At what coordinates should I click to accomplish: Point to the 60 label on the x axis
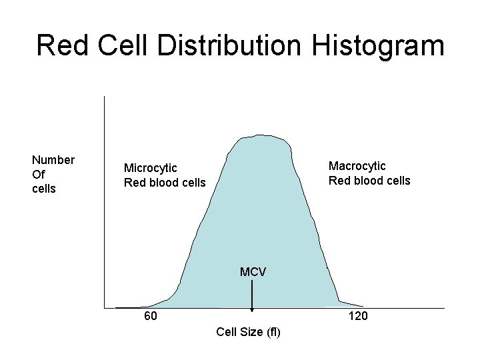[x=151, y=316]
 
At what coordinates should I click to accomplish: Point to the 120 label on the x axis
[x=358, y=316]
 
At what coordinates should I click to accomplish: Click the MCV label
[x=253, y=272]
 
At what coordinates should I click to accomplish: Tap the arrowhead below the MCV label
[x=252, y=309]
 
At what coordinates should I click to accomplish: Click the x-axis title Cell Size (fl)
[x=249, y=332]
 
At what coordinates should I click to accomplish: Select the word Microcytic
[x=151, y=168]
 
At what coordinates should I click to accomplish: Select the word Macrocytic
[x=357, y=166]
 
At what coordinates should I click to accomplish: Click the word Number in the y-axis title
[x=53, y=160]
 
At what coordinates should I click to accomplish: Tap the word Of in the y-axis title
[x=39, y=174]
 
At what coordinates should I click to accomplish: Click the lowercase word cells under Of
[x=44, y=189]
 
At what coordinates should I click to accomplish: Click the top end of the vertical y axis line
[x=105, y=97]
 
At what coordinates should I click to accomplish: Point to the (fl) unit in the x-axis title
[x=273, y=332]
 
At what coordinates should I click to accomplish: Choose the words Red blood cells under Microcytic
[x=165, y=183]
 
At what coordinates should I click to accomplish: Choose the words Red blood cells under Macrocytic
[x=369, y=181]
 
